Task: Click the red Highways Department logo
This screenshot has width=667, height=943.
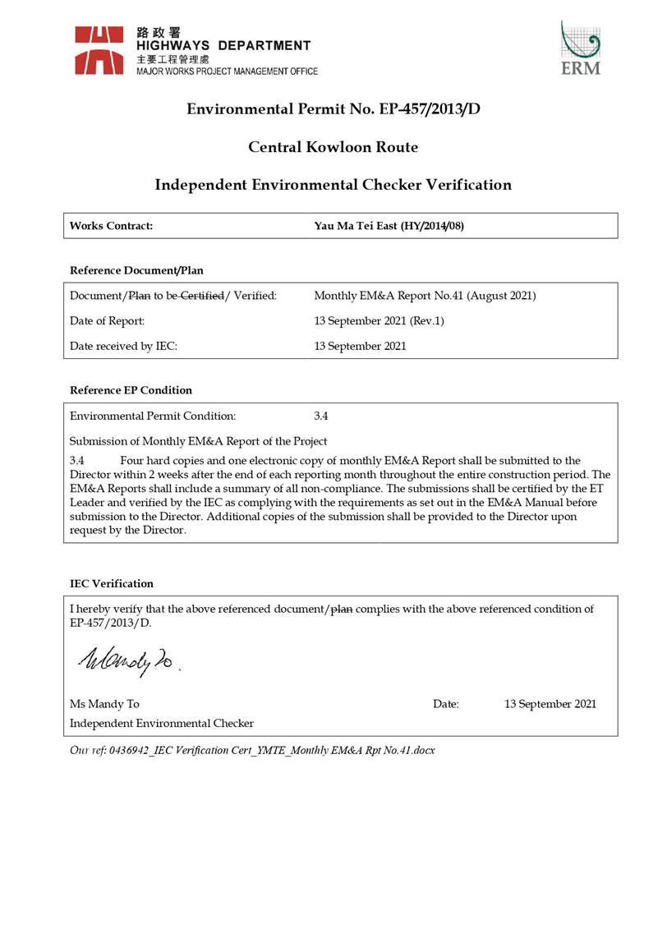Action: (x=99, y=50)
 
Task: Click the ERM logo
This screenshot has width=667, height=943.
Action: (x=580, y=48)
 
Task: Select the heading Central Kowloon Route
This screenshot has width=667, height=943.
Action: (x=333, y=147)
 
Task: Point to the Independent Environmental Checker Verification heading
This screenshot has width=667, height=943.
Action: (x=333, y=185)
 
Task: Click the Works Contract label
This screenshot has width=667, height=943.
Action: (x=111, y=226)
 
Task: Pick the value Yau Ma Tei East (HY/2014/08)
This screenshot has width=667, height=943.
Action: (x=389, y=226)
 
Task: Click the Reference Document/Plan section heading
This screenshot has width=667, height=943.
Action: (x=136, y=270)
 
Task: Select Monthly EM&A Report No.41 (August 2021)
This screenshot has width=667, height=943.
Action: (x=425, y=295)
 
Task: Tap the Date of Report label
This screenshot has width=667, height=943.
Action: (x=108, y=320)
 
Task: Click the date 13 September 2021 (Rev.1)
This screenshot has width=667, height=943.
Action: (x=379, y=320)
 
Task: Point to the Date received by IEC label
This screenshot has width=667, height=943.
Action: (x=124, y=346)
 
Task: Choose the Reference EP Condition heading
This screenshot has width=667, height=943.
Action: (x=131, y=389)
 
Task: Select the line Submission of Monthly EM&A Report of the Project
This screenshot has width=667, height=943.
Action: (x=199, y=441)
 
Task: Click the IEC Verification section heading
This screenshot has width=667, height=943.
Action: (x=112, y=583)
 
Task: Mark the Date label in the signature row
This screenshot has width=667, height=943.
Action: (x=446, y=704)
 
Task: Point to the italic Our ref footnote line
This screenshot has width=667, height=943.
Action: (x=252, y=750)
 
